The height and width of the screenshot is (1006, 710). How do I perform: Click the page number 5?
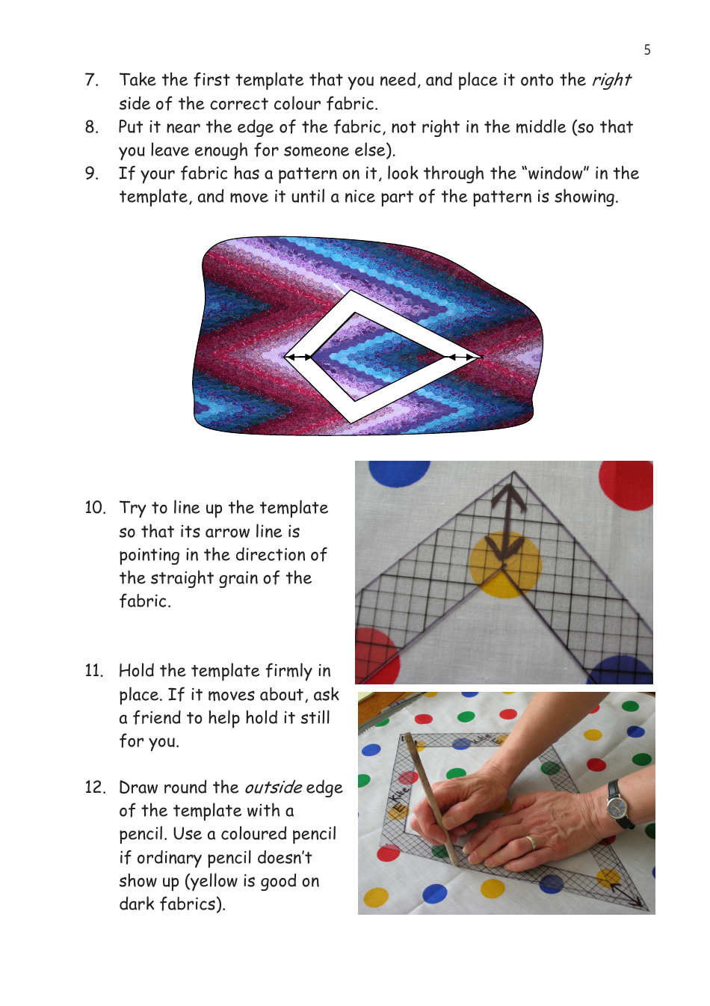(x=646, y=49)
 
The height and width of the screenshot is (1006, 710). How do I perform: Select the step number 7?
(x=91, y=80)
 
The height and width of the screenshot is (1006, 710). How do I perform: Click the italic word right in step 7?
(x=611, y=81)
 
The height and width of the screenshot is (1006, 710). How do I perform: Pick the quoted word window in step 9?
(x=555, y=173)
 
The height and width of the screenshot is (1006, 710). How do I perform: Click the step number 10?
(x=95, y=508)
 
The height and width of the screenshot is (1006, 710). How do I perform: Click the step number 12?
(x=95, y=788)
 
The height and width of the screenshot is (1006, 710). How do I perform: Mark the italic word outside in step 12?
(x=273, y=788)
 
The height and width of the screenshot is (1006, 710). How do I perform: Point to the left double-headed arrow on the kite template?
(x=298, y=357)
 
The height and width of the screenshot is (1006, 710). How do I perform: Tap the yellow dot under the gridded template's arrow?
(x=505, y=565)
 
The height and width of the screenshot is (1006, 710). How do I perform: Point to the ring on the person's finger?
(x=531, y=842)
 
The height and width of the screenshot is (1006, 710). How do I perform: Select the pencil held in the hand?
(x=431, y=800)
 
